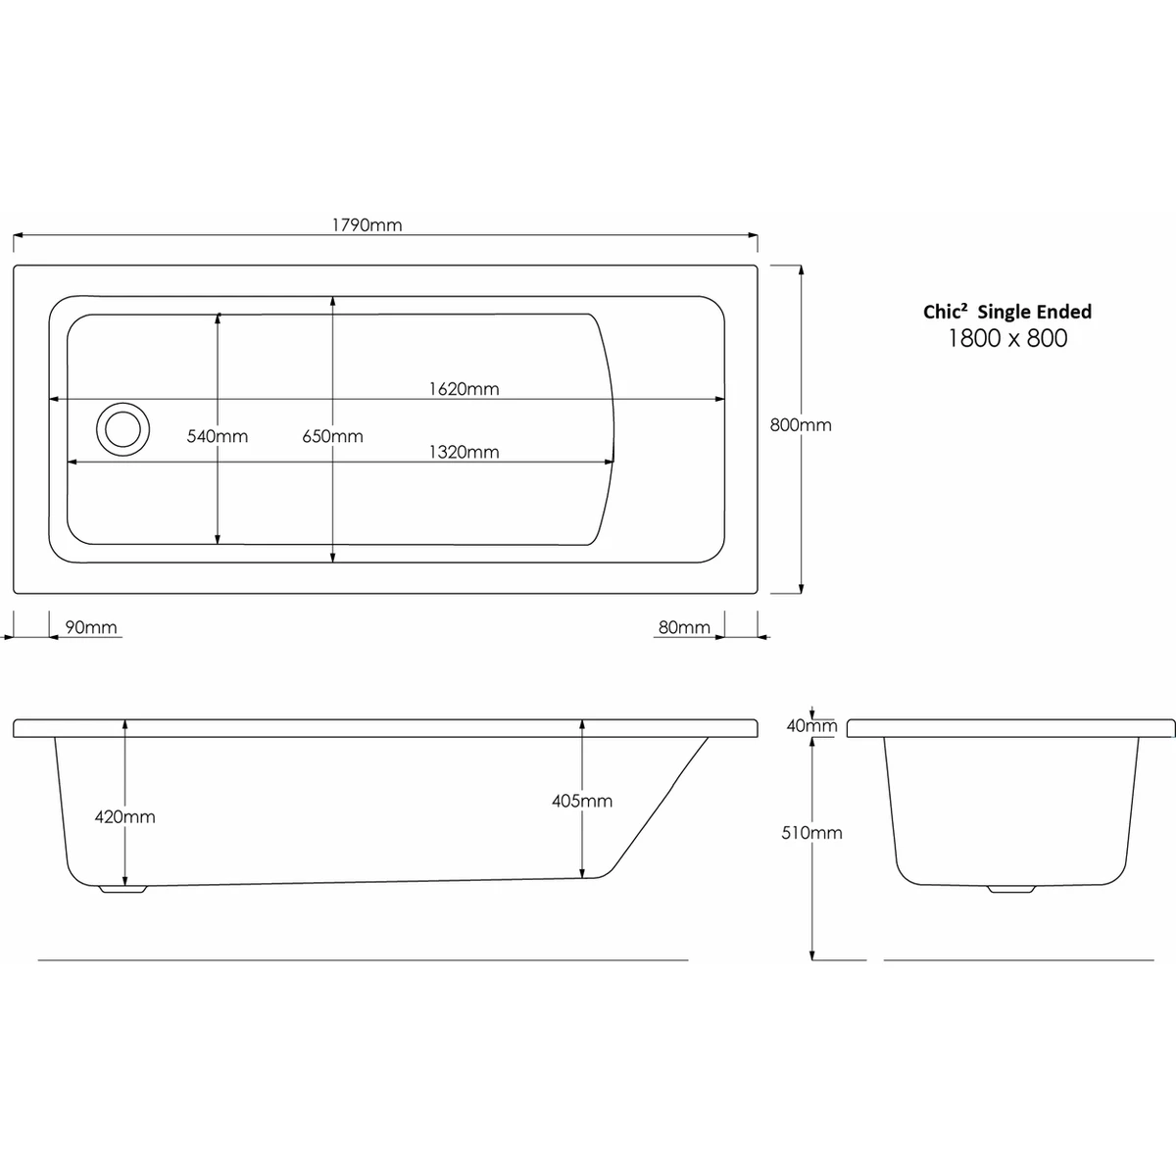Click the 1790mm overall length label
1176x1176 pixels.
[367, 224]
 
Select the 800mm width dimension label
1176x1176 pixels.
[801, 425]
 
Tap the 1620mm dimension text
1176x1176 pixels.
[464, 389]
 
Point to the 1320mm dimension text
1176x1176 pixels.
[464, 452]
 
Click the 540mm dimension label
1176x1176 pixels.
[218, 436]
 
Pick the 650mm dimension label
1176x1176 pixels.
[333, 436]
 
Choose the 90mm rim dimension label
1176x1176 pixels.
[90, 627]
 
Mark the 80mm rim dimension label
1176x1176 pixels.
[684, 627]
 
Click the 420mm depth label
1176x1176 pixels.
[125, 816]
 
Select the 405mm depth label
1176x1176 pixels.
[582, 801]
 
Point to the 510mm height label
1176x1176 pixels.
[813, 833]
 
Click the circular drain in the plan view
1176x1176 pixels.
[122, 429]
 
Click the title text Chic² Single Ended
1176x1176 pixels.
[1007, 312]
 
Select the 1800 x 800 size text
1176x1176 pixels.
[1007, 339]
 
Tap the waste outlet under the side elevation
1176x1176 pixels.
[122, 890]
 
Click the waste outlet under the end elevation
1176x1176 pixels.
[1010, 890]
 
